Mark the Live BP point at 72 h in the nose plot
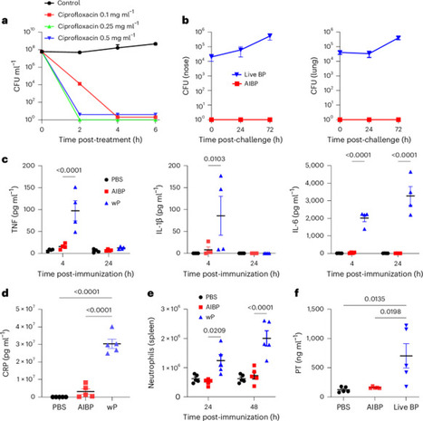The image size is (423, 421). [272, 36]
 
